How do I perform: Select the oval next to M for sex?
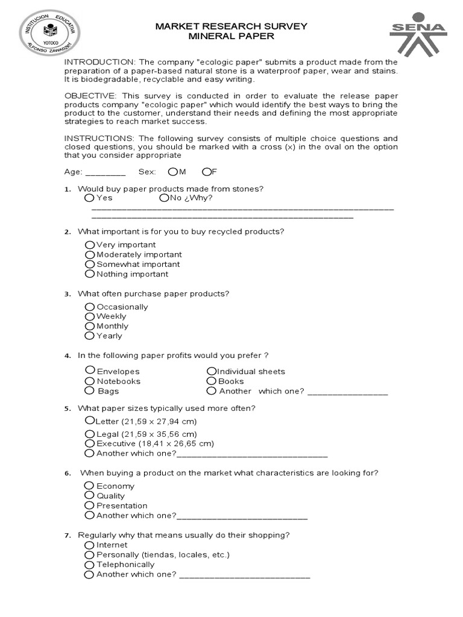(x=173, y=172)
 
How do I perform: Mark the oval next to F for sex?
(x=206, y=172)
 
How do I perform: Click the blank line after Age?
(x=106, y=172)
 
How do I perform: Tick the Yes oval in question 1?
(x=90, y=198)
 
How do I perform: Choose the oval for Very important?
(x=90, y=245)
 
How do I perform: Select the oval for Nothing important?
(x=90, y=274)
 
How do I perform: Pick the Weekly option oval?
(x=90, y=316)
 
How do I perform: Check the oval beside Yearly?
(x=90, y=336)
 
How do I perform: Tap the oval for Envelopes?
(x=90, y=371)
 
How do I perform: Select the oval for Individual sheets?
(x=211, y=371)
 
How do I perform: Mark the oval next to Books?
(x=211, y=381)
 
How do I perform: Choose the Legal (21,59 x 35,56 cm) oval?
(x=90, y=434)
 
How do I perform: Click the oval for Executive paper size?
(x=90, y=443)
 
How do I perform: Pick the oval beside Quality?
(x=90, y=496)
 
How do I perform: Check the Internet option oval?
(x=90, y=545)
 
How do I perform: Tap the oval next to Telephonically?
(x=90, y=565)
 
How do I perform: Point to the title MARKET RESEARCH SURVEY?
(x=231, y=26)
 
